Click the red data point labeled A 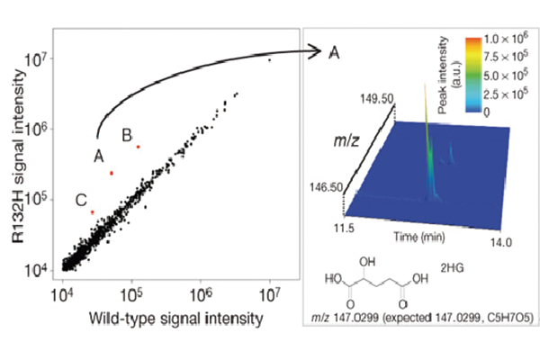coord(111,173)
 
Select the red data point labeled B coord(138,147)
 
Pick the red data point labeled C coord(92,212)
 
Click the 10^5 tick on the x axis coord(131,294)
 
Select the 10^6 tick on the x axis coord(201,294)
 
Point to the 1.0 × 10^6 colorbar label coord(506,41)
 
